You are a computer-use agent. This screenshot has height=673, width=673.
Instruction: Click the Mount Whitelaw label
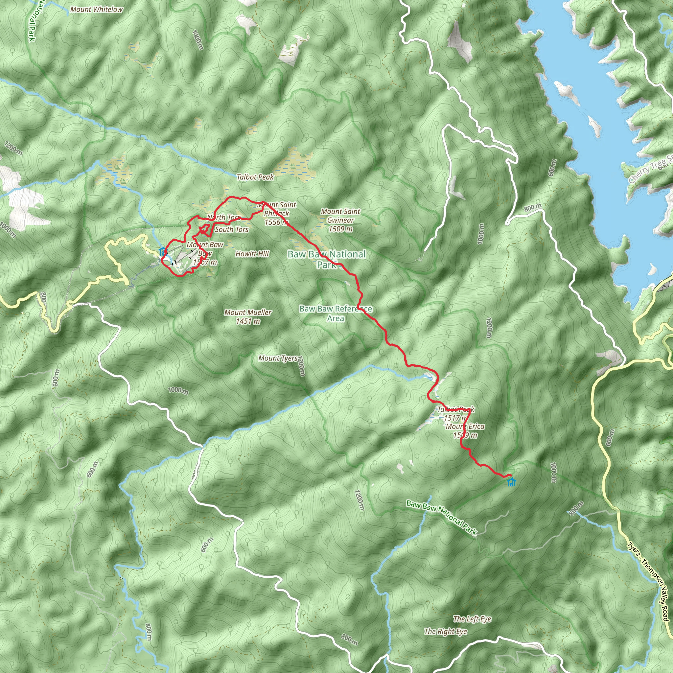tap(97, 10)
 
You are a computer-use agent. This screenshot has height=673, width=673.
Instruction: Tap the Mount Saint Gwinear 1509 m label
tap(340, 220)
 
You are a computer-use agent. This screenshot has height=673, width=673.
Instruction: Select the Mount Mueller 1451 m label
tap(248, 317)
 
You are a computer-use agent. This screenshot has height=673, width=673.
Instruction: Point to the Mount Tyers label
tap(278, 358)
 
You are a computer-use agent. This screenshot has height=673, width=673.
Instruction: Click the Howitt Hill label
tap(252, 254)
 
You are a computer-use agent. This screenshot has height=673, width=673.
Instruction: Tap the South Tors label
tap(232, 229)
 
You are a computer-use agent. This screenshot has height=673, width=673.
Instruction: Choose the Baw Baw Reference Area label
tap(336, 313)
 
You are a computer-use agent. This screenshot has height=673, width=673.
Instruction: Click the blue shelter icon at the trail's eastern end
tap(511, 482)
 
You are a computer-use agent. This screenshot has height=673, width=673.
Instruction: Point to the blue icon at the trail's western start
tap(162, 251)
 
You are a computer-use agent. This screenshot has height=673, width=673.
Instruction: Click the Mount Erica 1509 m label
tap(465, 430)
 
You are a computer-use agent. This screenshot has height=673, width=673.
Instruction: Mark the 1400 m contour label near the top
tap(197, 40)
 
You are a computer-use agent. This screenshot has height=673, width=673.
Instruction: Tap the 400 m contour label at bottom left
tap(149, 632)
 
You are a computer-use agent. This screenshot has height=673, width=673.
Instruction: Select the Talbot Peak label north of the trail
tap(255, 177)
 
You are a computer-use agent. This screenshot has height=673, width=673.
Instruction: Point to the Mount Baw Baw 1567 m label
tap(205, 253)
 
